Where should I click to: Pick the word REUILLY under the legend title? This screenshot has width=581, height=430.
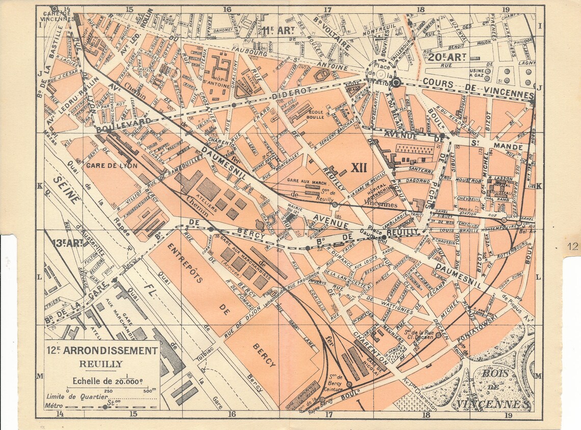(x=101, y=364)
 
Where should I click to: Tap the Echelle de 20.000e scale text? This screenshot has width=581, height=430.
(x=108, y=380)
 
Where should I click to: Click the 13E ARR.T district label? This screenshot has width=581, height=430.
(x=66, y=243)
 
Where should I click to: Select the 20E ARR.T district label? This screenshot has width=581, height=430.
(x=447, y=57)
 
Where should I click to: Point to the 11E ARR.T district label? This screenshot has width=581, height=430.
(x=279, y=31)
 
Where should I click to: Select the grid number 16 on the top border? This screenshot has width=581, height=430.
(x=227, y=9)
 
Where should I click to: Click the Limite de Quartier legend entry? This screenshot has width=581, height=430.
(x=76, y=397)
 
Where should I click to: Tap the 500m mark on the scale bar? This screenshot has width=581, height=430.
(x=150, y=391)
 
